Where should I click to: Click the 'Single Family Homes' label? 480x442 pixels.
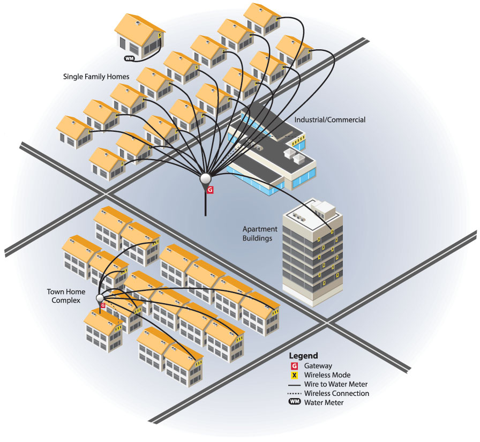96,77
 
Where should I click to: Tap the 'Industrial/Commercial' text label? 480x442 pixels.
330,120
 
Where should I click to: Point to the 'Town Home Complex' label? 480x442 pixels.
64,296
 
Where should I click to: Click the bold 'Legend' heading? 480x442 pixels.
303,356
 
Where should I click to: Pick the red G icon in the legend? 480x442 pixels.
294,366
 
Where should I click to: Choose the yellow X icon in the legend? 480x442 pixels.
294,375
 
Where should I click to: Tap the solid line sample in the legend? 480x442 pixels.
294,384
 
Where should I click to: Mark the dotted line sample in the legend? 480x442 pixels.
294,393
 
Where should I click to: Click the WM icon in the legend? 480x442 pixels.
294,402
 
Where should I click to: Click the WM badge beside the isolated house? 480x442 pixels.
129,58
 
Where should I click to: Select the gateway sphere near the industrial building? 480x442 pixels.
206,179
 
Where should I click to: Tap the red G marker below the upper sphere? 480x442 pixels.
210,190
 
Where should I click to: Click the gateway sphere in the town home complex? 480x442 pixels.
100,298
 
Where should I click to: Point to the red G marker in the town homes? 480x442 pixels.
102,305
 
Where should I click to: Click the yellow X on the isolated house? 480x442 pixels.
160,36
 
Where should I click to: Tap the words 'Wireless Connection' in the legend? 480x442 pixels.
336,393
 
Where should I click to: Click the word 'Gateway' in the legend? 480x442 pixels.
318,366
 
